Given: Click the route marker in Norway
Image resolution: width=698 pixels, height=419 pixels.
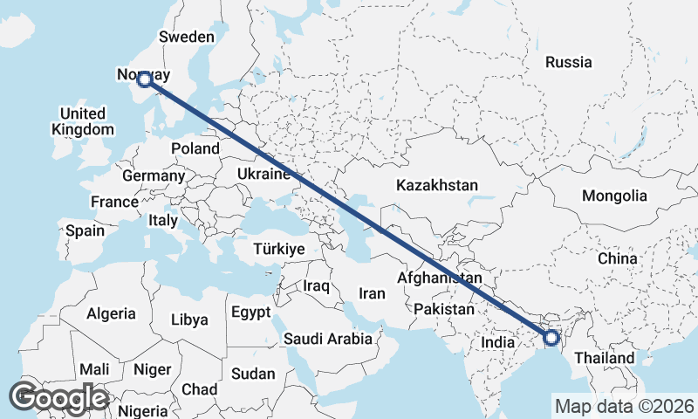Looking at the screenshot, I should (145, 80).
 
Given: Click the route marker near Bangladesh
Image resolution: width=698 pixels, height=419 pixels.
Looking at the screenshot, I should (551, 338).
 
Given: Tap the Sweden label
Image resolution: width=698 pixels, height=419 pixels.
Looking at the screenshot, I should (186, 37).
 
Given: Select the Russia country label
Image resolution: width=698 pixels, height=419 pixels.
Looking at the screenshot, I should (568, 62).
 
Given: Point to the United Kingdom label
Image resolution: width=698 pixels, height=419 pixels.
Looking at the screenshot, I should (83, 121).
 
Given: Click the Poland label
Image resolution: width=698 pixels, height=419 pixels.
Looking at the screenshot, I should (195, 148).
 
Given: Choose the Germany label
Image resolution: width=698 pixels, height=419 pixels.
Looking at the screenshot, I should (154, 175).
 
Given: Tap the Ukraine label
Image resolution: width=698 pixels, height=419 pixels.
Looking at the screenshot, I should (263, 175).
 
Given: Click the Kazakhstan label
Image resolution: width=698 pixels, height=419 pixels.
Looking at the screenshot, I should (437, 185).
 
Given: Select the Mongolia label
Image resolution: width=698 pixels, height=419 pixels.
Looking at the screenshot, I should (615, 196).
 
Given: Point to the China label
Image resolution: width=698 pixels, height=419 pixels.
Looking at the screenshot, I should (618, 258).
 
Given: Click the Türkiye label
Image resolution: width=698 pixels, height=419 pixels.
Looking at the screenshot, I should (278, 249).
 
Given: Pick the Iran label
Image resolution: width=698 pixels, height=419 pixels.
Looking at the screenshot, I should (372, 293).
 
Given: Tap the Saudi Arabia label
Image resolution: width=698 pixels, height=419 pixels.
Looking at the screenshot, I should (327, 338).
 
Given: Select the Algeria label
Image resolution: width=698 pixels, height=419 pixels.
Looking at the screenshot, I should (111, 313).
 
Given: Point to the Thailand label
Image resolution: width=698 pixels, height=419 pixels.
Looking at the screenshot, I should (605, 358).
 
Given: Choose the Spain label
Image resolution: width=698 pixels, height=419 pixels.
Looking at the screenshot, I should (85, 230).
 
